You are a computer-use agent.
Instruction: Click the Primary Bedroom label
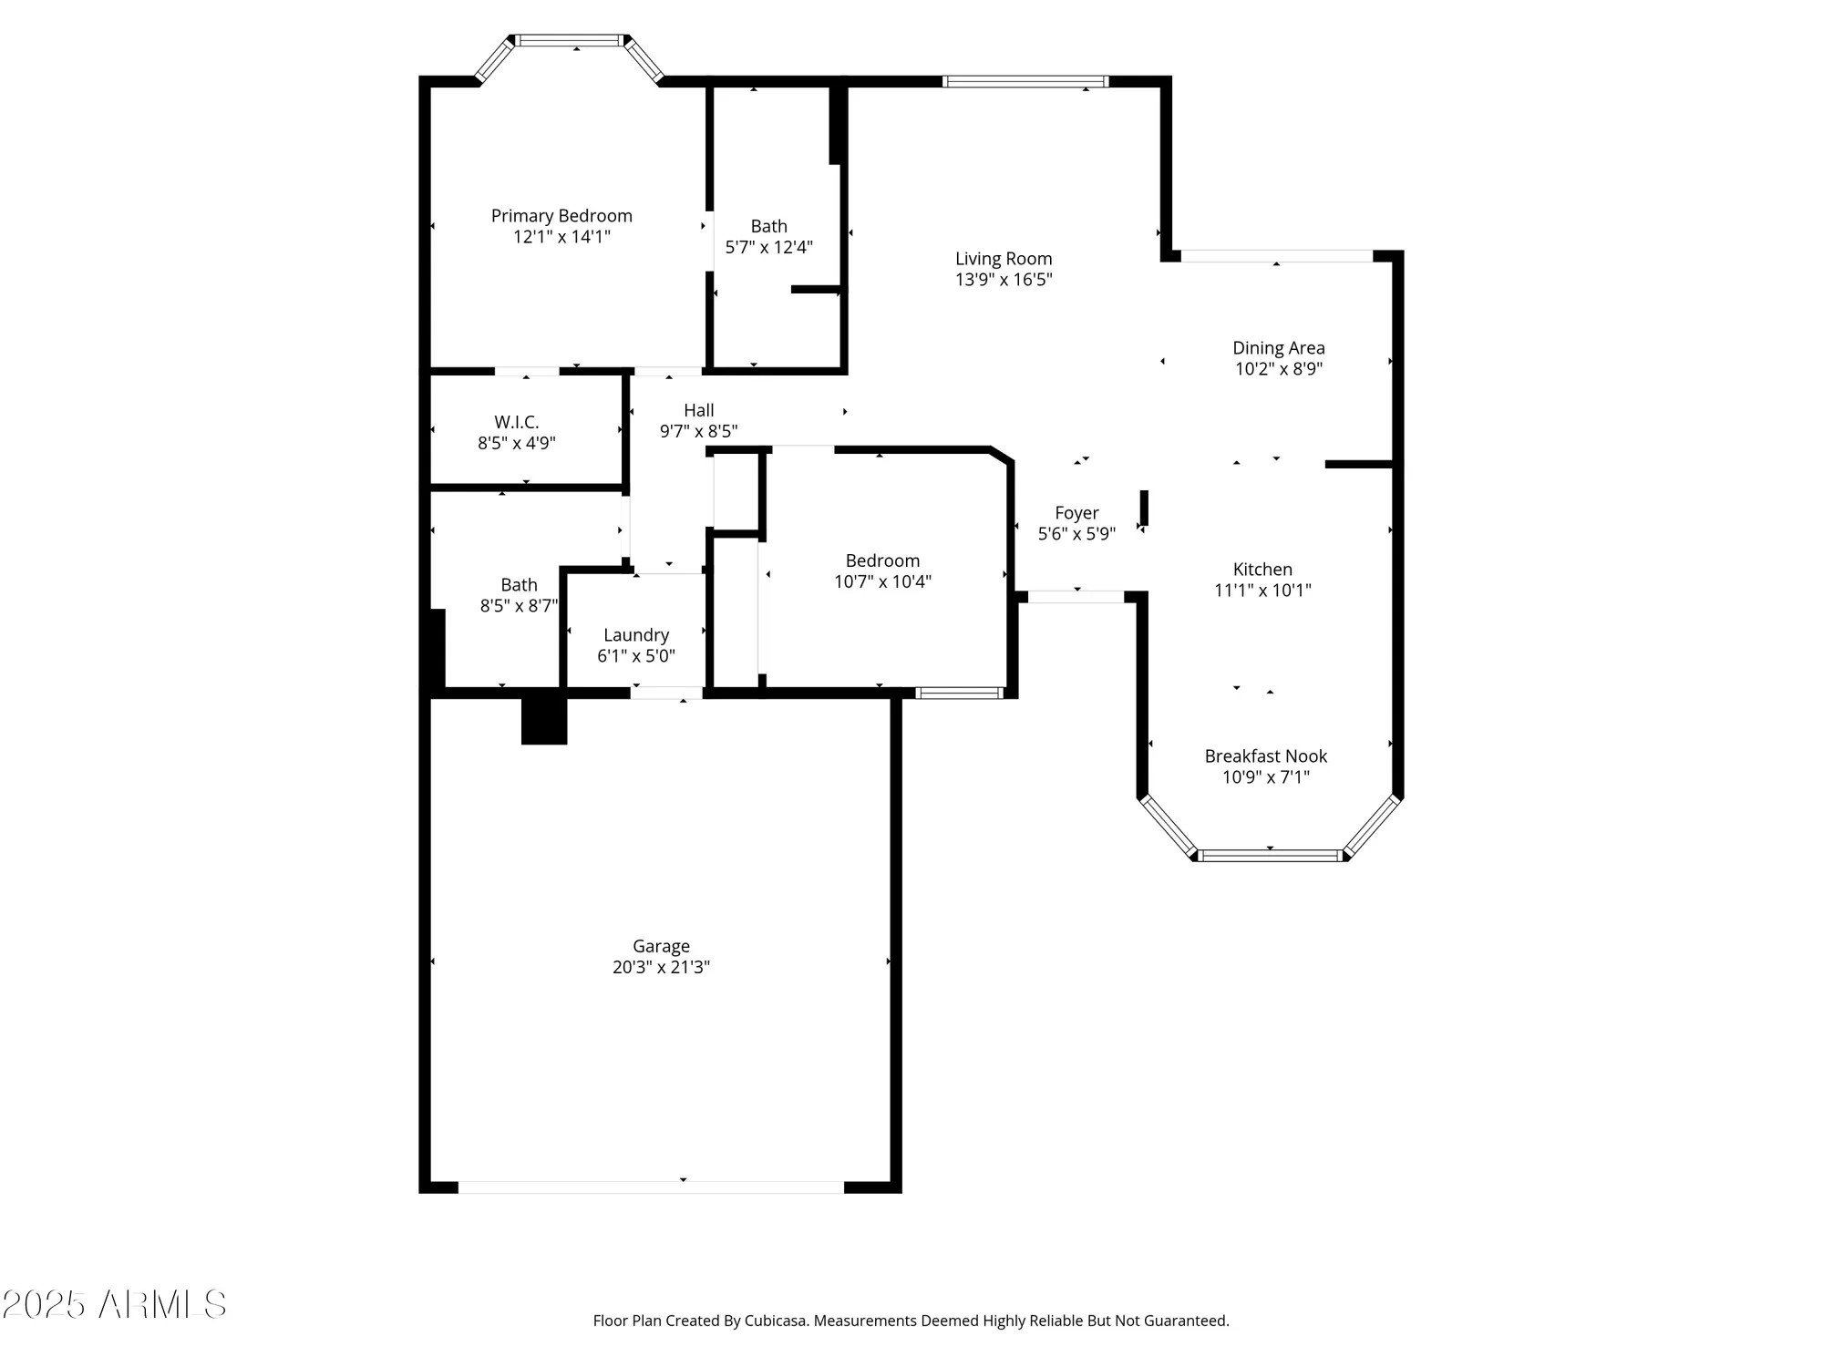pyautogui.click(x=561, y=216)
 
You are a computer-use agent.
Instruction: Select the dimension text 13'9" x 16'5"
pyautogui.click(x=1004, y=280)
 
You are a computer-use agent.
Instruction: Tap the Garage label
pyautogui.click(x=661, y=946)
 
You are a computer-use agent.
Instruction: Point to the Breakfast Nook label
pyautogui.click(x=1265, y=756)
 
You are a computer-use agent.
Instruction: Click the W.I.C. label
pyautogui.click(x=516, y=422)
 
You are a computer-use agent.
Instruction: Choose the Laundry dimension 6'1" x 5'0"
pyautogui.click(x=636, y=656)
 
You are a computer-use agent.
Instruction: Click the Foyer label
pyautogui.click(x=1076, y=513)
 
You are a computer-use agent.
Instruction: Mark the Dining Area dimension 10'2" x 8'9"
pyautogui.click(x=1278, y=369)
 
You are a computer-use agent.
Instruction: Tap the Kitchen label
pyautogui.click(x=1262, y=570)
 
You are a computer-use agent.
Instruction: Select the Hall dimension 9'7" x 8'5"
pyautogui.click(x=698, y=431)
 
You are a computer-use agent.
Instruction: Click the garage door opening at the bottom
pyautogui.click(x=651, y=1187)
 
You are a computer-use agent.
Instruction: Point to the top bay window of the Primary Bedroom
pyautogui.click(x=571, y=40)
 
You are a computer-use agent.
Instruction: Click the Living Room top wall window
pyautogui.click(x=1025, y=82)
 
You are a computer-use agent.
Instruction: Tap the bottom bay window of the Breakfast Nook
pyautogui.click(x=1270, y=855)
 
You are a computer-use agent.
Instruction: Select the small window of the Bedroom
pyautogui.click(x=959, y=694)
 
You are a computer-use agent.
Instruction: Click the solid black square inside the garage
pyautogui.click(x=544, y=721)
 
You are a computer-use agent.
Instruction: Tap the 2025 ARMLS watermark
pyautogui.click(x=114, y=1305)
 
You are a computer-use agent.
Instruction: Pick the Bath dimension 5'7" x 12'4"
pyautogui.click(x=768, y=247)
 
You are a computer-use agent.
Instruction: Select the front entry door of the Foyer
pyautogui.click(x=1076, y=597)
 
